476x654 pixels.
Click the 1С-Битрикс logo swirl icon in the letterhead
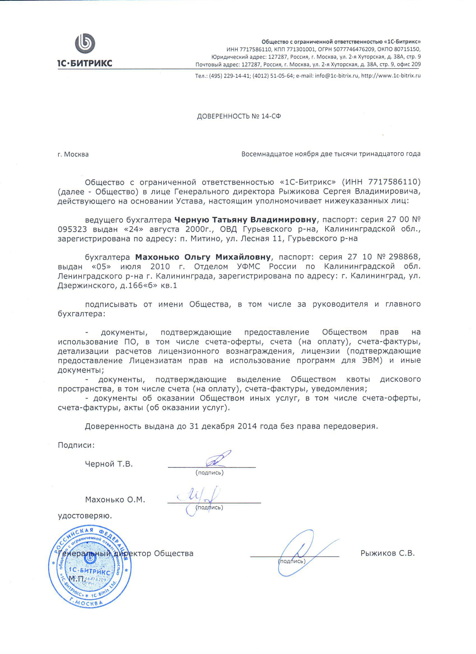(85, 44)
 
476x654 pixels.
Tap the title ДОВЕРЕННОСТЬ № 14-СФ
(239, 116)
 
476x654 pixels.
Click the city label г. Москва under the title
(73, 154)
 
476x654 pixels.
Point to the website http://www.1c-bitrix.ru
(391, 76)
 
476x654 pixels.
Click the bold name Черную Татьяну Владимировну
(245, 220)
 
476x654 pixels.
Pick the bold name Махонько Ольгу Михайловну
(203, 257)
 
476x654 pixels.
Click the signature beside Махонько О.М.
(199, 499)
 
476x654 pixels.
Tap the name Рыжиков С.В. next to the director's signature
(388, 553)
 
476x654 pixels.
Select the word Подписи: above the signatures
(76, 445)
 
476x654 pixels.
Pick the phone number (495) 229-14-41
(229, 76)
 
